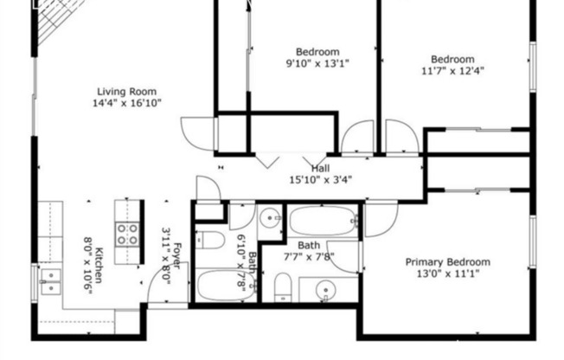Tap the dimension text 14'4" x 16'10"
(129, 103)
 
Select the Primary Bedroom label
(447, 262)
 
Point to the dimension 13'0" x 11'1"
(447, 274)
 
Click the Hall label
(320, 169)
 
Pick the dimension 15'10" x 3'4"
(320, 181)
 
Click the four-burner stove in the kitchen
(129, 233)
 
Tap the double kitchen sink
(50, 280)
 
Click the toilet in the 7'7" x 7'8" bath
(283, 287)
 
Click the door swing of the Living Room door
(195, 131)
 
